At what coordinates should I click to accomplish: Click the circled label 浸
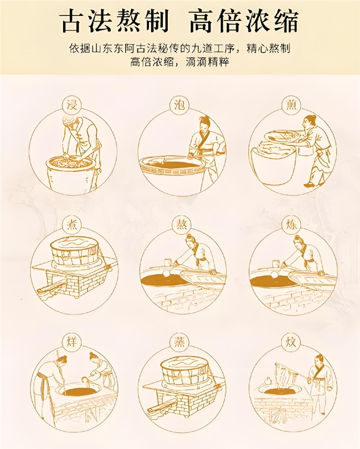point(72,106)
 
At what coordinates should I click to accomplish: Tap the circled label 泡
point(179,106)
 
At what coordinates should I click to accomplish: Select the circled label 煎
point(291,106)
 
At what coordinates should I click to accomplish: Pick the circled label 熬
point(180,224)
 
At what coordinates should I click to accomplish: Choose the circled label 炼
point(291,224)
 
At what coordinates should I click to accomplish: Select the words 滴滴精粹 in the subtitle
point(207,62)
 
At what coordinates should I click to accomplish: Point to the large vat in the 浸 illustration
point(70,172)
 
